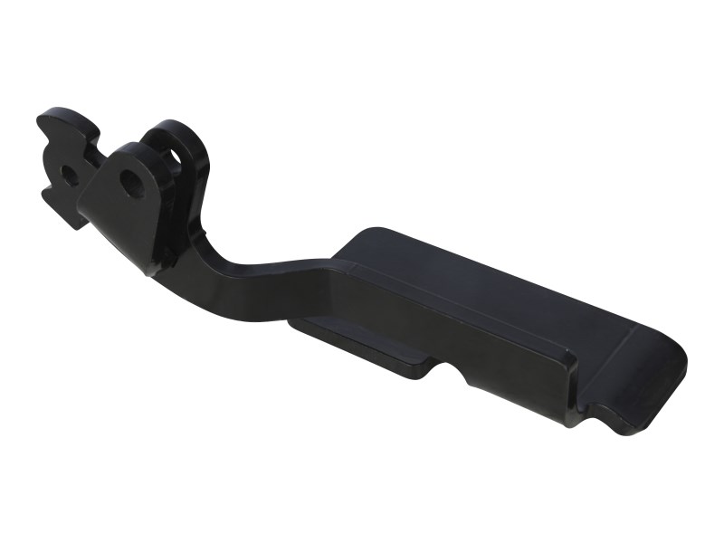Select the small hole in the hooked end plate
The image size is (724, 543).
click(68, 174)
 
